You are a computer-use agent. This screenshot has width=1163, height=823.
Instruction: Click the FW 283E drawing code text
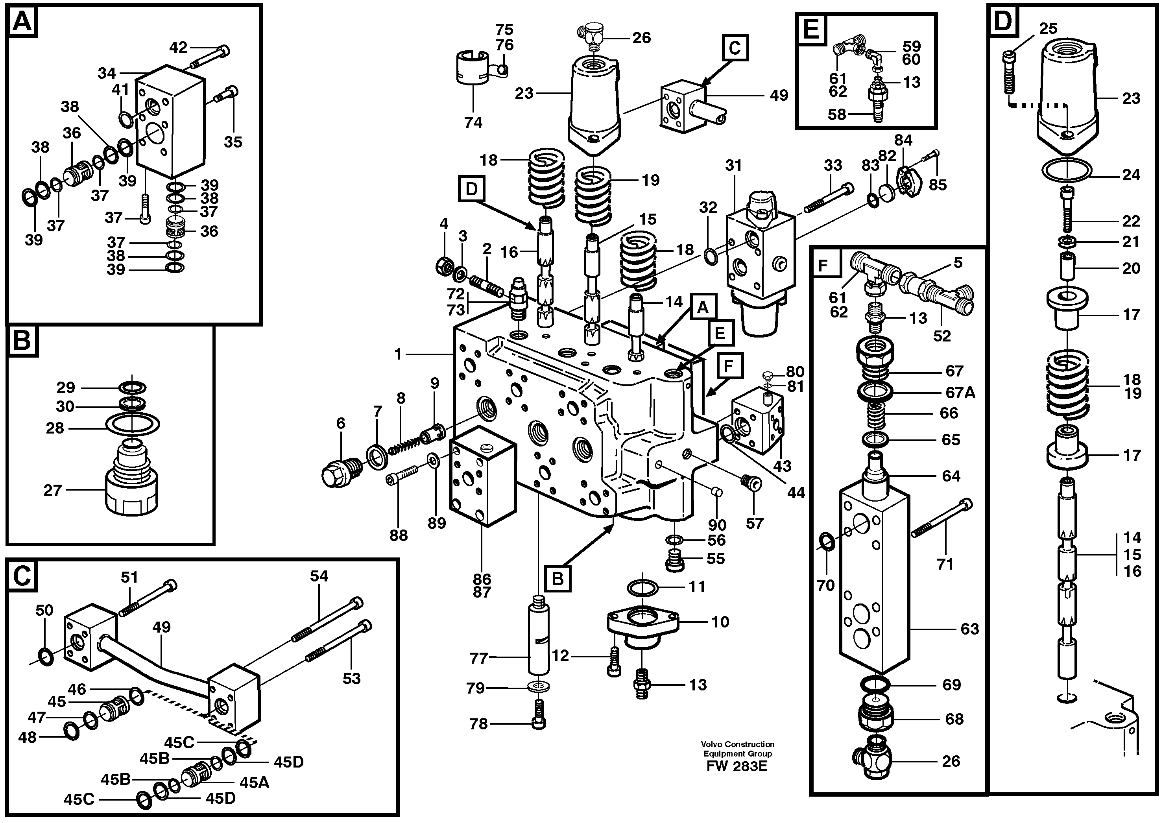pos(737,766)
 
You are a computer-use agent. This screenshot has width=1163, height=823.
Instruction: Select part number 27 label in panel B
pos(53,490)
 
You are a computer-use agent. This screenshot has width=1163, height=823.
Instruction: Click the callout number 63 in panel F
pos(969,629)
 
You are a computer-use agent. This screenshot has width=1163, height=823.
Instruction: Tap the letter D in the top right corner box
pos(1002,21)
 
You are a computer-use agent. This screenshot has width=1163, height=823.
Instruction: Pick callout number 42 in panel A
pos(178,48)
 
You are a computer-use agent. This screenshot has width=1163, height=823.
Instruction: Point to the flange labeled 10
pos(642,623)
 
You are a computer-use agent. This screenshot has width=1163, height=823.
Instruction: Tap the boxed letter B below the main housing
pos(558,579)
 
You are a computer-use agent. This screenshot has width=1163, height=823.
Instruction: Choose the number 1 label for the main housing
pos(398,354)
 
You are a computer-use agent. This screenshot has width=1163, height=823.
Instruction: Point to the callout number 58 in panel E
pos(837,114)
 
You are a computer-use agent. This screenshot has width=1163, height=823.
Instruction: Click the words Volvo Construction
pos(737,744)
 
